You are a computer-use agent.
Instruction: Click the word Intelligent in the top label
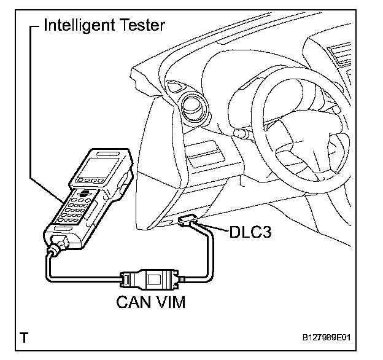[84, 26]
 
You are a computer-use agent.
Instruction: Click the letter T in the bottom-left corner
[24, 337]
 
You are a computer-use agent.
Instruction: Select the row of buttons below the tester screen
[92, 182]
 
